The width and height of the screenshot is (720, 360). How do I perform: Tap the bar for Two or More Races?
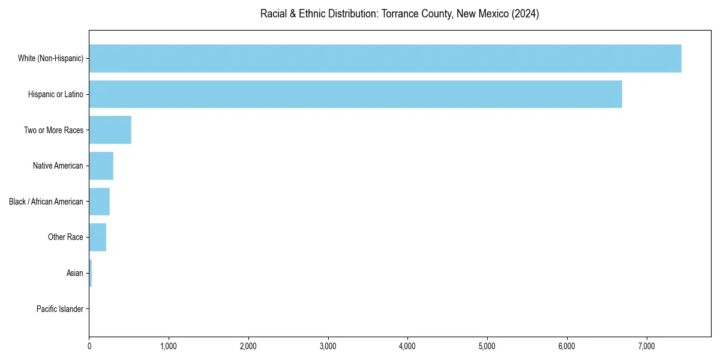tap(110, 130)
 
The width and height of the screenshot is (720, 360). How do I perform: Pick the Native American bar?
tap(101, 166)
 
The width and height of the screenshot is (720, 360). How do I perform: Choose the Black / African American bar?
tap(100, 202)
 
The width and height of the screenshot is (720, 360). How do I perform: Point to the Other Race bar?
tap(98, 237)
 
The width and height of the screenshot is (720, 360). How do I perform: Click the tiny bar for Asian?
tap(91, 273)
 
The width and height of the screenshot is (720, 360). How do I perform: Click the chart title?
tap(400, 14)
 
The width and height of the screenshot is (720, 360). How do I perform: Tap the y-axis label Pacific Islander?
tap(60, 309)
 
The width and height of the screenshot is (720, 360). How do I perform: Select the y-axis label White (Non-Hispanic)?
tap(50, 58)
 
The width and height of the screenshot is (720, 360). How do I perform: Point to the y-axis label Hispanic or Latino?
tap(56, 94)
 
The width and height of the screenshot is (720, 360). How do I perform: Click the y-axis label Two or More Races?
tap(53, 130)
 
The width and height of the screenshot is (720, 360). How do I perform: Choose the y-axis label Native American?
tap(58, 166)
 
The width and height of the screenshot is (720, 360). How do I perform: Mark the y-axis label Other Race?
tap(65, 238)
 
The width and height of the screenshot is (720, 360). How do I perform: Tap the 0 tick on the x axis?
tap(89, 346)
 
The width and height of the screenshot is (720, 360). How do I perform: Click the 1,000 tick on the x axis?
tap(169, 346)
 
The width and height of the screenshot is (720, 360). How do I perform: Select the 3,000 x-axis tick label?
tap(328, 346)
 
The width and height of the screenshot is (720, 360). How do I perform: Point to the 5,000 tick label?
tap(487, 346)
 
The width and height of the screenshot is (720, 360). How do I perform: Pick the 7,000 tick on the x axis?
tap(646, 346)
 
